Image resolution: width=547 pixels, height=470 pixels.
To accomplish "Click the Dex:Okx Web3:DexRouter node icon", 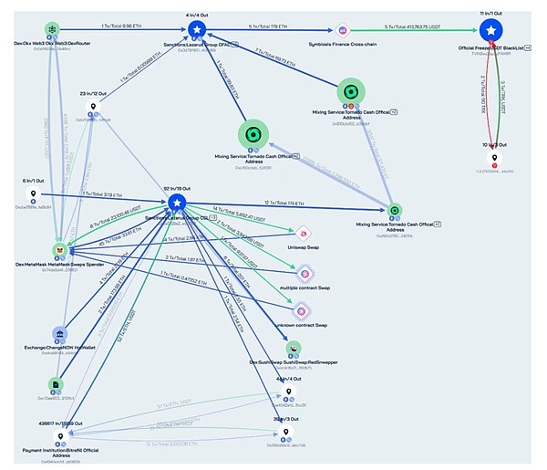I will coord(51,30).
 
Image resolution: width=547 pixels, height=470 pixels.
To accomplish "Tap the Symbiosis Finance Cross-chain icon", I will coord(344,30).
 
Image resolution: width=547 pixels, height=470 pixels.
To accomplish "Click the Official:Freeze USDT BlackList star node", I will coord(490,32).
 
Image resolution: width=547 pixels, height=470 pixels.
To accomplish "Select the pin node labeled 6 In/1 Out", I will coord(34,193).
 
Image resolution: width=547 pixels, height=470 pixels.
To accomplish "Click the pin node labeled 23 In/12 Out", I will coord(92,108).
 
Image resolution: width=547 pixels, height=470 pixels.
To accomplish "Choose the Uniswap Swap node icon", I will coord(305,234).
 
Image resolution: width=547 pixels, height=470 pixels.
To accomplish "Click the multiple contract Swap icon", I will coord(305,273).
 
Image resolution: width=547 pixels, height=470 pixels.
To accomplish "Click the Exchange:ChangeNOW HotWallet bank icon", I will coord(58,335).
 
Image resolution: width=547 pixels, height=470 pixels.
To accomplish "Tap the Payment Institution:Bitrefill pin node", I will coord(60,438).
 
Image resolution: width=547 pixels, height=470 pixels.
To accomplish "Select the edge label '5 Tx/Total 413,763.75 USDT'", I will coord(414,26).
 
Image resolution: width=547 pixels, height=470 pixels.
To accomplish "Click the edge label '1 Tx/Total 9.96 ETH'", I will coord(120,26).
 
